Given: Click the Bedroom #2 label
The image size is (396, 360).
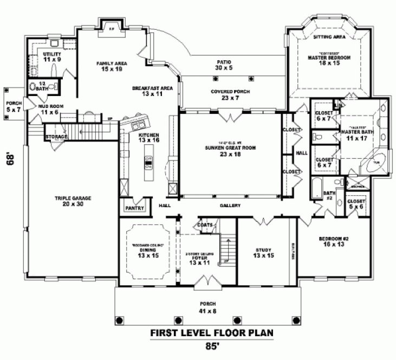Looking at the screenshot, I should click(333, 241).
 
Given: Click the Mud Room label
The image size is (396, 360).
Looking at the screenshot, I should click(47, 109).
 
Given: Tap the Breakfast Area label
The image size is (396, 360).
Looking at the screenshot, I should click(152, 91).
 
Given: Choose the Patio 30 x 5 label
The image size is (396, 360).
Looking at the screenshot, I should click(224, 65).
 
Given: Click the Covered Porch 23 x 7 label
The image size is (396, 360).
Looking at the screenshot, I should click(230, 95).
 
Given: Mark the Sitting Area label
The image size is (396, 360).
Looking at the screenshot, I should click(329, 37).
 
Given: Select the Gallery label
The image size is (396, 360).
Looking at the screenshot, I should click(230, 206).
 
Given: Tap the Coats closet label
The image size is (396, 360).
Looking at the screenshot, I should click(205, 224).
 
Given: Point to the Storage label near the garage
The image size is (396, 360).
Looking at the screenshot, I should click(56, 137).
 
